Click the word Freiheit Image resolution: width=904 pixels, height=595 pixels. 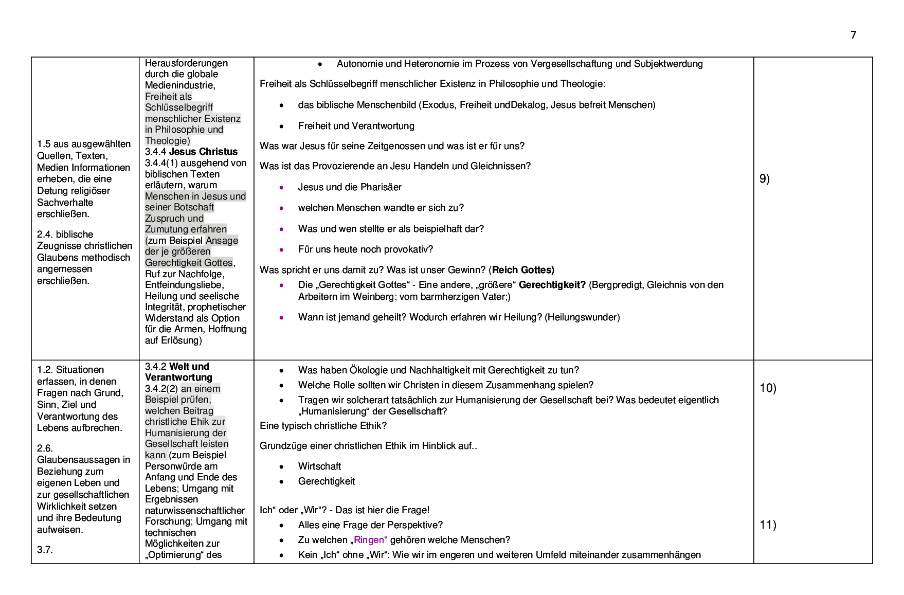tap(161, 97)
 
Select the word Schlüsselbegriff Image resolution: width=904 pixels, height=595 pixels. tap(179, 107)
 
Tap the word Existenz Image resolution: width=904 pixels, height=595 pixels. tap(222, 119)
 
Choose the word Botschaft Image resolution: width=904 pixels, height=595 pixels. tap(194, 207)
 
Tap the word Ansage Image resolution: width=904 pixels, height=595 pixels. tap(222, 241)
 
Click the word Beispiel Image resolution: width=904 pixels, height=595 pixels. tap(161, 400)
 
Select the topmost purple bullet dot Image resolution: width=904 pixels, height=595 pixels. tap(281, 188)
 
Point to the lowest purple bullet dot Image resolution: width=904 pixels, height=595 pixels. tap(281, 318)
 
